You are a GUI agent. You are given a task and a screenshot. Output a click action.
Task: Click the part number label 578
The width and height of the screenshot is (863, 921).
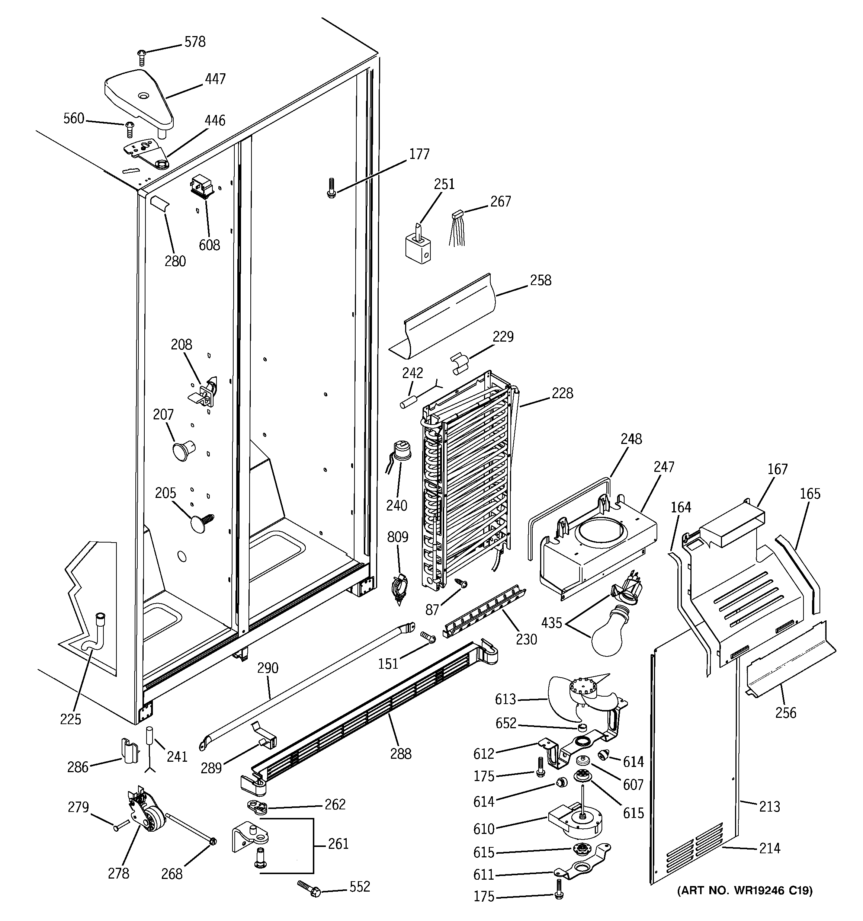click(195, 42)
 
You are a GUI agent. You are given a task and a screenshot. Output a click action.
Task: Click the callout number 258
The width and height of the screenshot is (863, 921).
click(540, 280)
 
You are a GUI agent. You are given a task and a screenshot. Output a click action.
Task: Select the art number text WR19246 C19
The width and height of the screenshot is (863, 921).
click(745, 890)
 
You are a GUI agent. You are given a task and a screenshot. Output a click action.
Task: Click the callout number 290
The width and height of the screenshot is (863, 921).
click(268, 668)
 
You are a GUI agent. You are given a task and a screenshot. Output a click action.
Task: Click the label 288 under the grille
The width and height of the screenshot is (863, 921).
click(400, 754)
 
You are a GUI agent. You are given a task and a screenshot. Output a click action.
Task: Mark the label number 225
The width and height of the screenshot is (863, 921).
click(70, 719)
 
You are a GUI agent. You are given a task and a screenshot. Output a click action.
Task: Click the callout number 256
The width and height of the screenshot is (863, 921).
click(786, 713)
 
